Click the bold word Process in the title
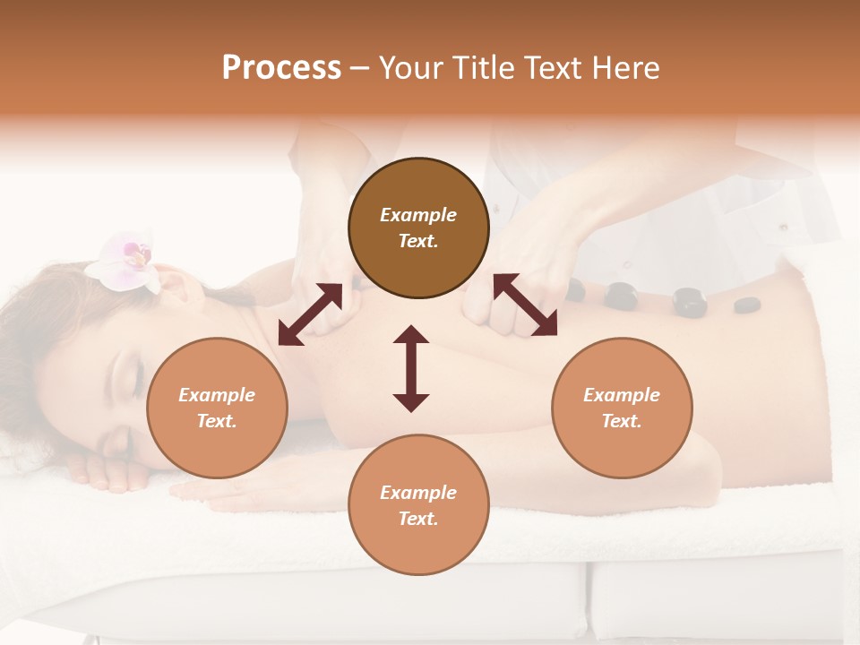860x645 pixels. tap(281, 68)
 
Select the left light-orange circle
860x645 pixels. tap(217, 408)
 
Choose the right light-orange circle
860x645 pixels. tap(622, 408)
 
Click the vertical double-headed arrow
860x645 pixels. tap(411, 368)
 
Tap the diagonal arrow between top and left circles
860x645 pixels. tap(310, 314)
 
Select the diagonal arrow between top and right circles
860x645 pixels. tap(525, 305)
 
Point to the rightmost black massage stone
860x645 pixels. tap(746, 305)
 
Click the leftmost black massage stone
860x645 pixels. tap(575, 289)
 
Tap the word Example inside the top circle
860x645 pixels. tap(418, 215)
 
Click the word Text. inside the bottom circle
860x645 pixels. tap(418, 519)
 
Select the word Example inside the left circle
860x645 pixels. tap(217, 395)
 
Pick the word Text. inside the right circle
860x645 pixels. tap(622, 421)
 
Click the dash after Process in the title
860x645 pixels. tap(360, 68)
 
